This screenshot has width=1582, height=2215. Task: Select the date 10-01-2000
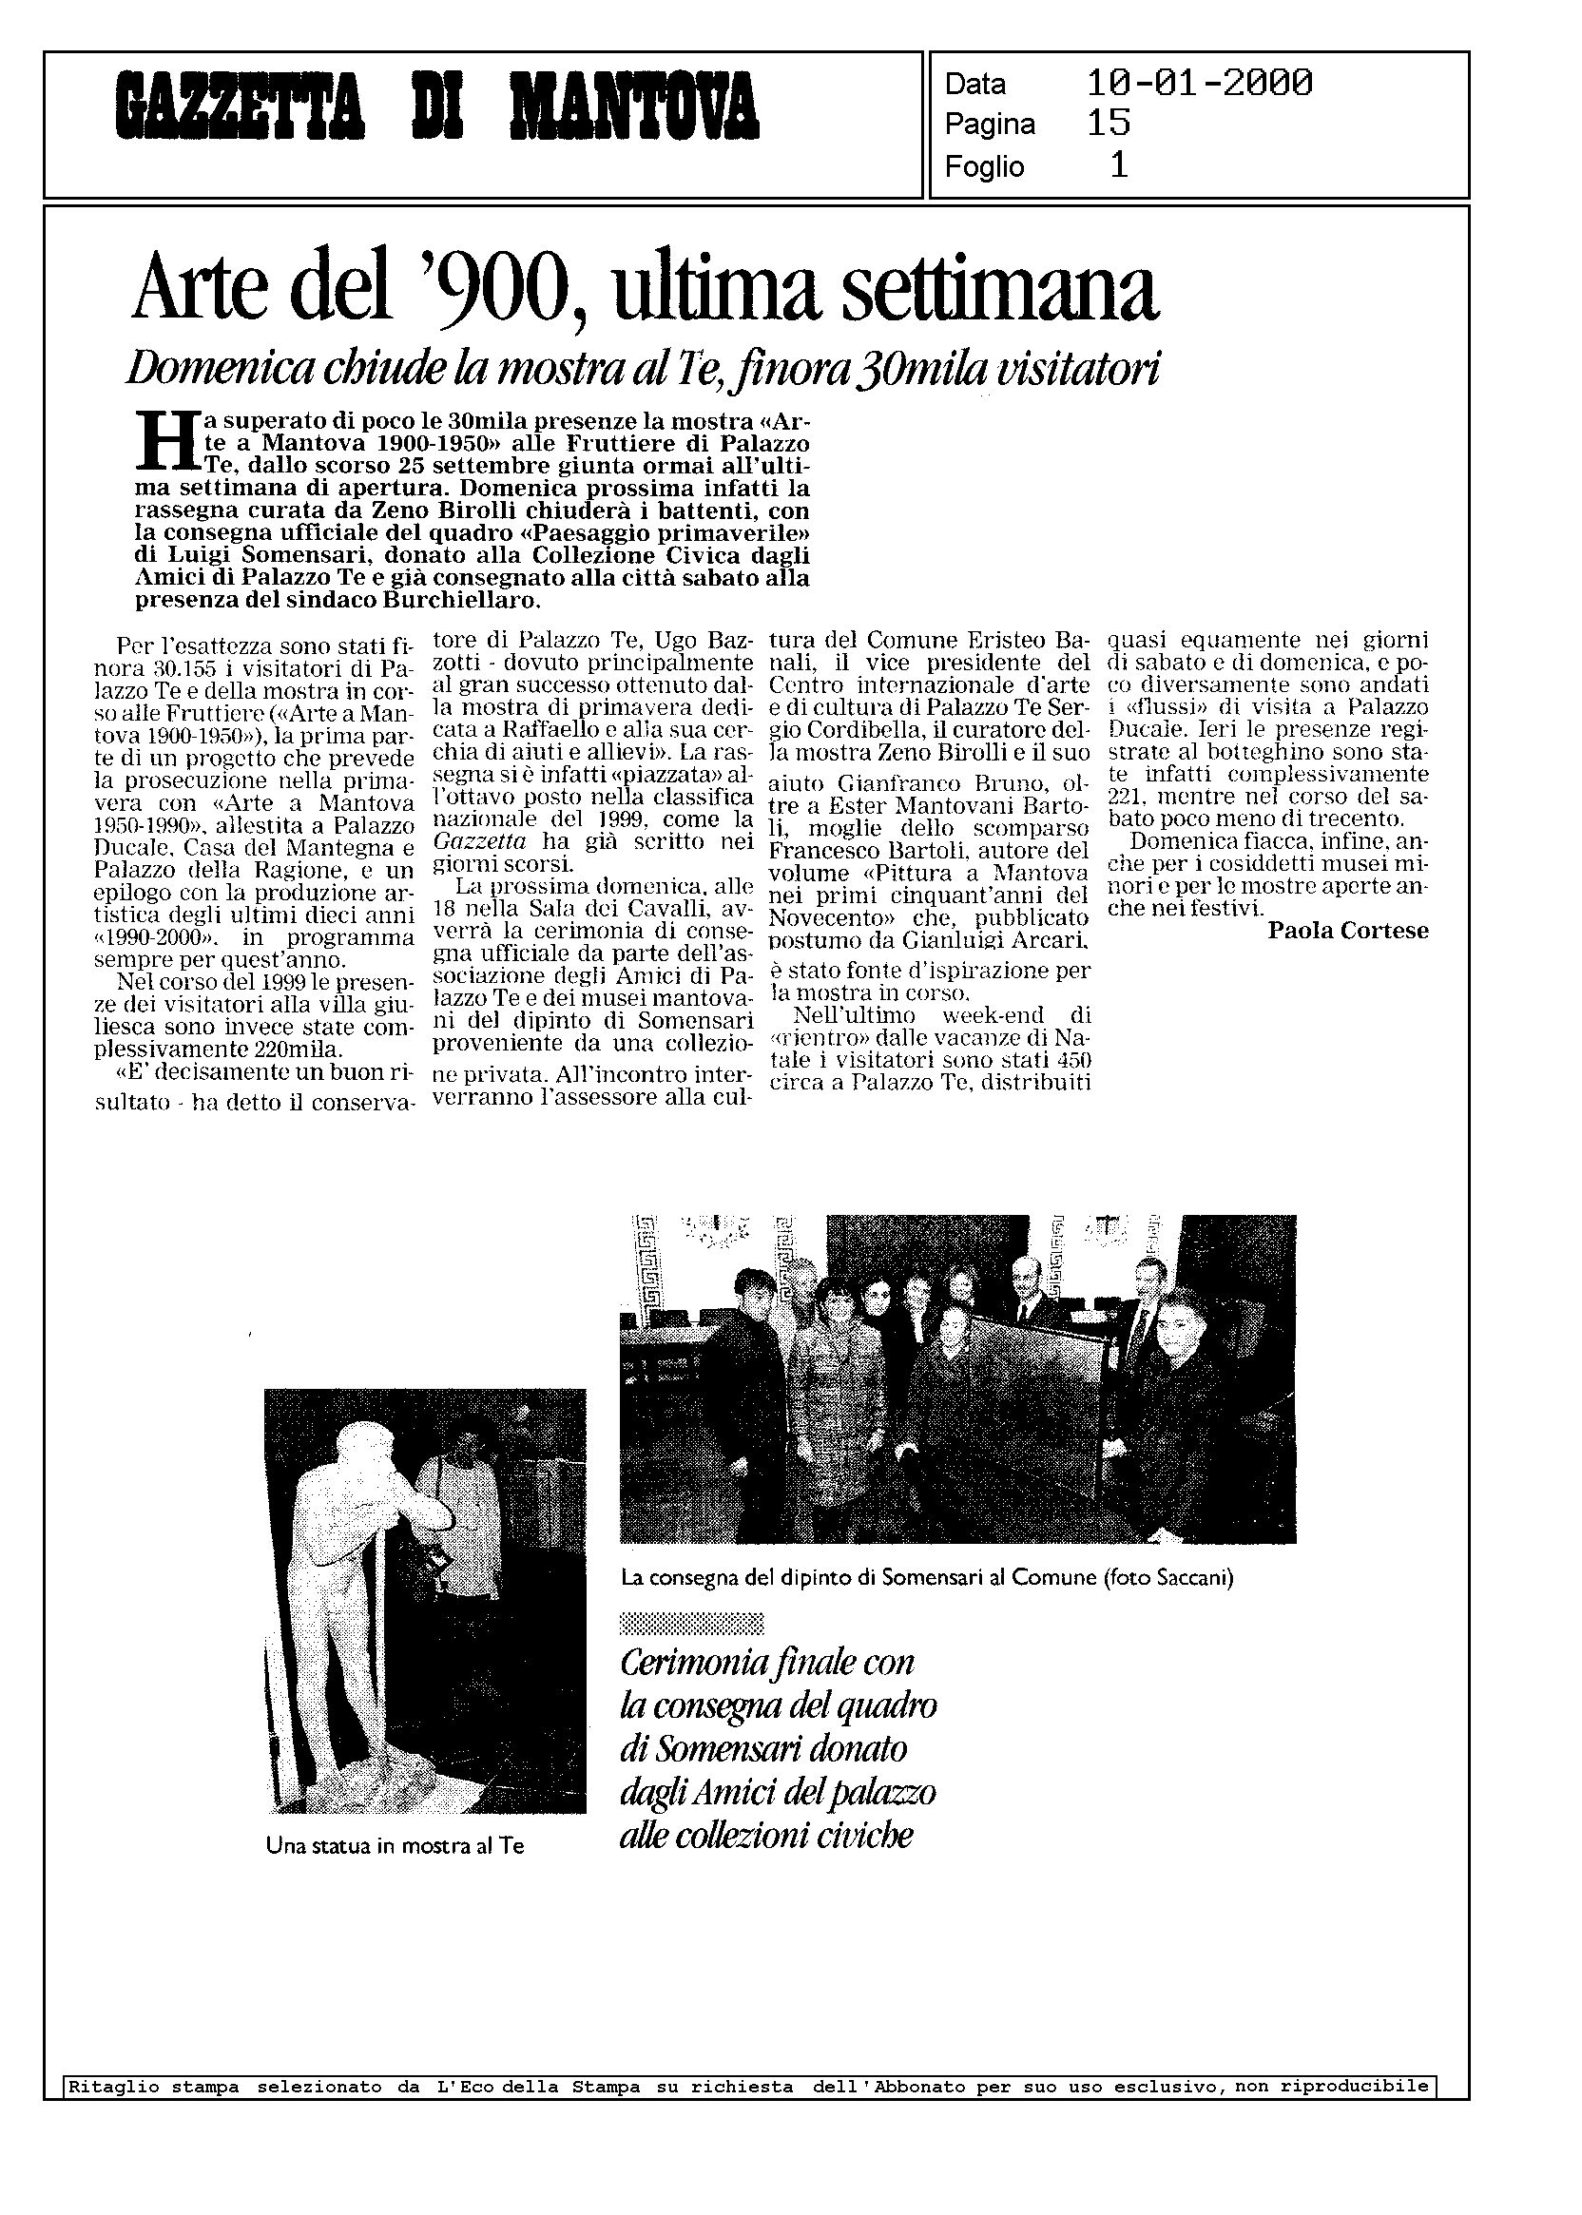[x=1198, y=84]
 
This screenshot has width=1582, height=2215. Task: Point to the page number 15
[x=1108, y=124]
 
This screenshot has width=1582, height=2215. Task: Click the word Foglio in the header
[x=984, y=167]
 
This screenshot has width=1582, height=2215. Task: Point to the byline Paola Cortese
[x=1347, y=931]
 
